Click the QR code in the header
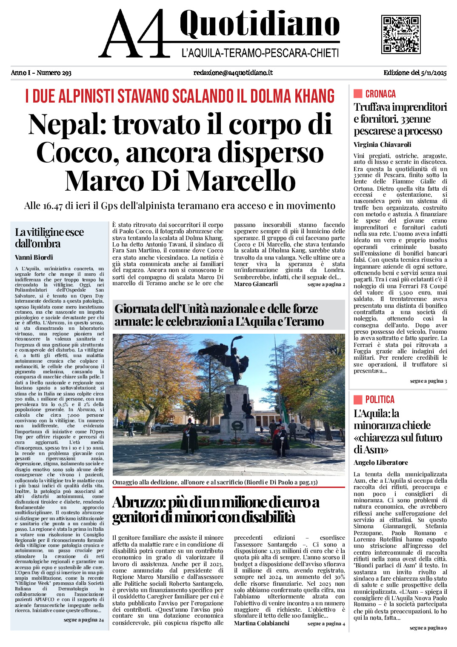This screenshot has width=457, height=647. coord(400,34)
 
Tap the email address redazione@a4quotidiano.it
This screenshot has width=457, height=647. coord(233,73)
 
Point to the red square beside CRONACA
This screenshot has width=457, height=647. coord(358,94)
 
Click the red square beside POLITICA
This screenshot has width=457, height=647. coord(358,399)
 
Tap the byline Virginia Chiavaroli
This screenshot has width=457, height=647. coord(382,145)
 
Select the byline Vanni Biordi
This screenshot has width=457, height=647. coord(34,257)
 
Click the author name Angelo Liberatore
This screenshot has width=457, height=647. coord(380,463)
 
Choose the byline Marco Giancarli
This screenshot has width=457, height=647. coord(256,284)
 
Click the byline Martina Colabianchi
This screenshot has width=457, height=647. coord(261,623)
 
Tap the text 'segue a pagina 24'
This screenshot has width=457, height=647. coord(83,620)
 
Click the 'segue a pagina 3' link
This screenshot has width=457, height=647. coord(428,381)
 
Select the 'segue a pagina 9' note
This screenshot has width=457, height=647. coord(428,628)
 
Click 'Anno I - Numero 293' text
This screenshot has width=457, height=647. coord(41,73)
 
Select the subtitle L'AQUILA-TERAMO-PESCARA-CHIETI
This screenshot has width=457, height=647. coord(260,53)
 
